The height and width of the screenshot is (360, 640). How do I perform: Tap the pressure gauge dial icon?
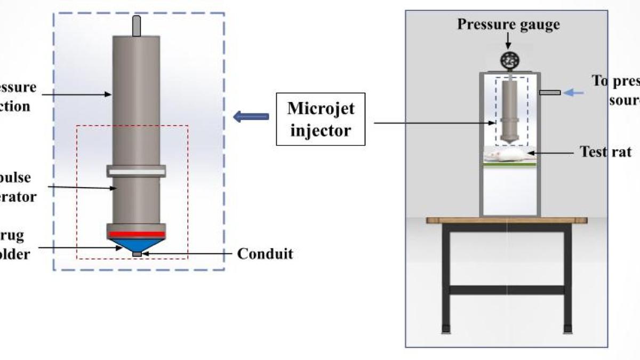(x=509, y=61)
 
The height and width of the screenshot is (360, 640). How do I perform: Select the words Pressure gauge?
(x=508, y=25)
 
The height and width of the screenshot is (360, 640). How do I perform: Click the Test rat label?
(x=605, y=152)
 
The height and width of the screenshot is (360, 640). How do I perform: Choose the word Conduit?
(x=265, y=253)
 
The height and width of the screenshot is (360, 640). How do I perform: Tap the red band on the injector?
(x=137, y=234)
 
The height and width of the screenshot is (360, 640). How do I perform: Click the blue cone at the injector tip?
(x=137, y=244)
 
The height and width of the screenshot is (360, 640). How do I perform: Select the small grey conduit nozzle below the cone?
(x=137, y=254)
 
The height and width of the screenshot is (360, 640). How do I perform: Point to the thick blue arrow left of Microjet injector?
(x=251, y=117)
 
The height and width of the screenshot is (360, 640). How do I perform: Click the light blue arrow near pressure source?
(x=574, y=93)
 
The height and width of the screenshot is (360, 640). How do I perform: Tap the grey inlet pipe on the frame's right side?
(x=550, y=93)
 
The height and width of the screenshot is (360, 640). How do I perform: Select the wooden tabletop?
(x=507, y=220)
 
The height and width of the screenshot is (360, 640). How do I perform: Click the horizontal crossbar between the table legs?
(x=507, y=290)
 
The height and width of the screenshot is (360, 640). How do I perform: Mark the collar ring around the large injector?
(x=137, y=171)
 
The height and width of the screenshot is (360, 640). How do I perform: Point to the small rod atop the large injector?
(x=137, y=26)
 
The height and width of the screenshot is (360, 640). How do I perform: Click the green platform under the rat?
(x=509, y=164)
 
